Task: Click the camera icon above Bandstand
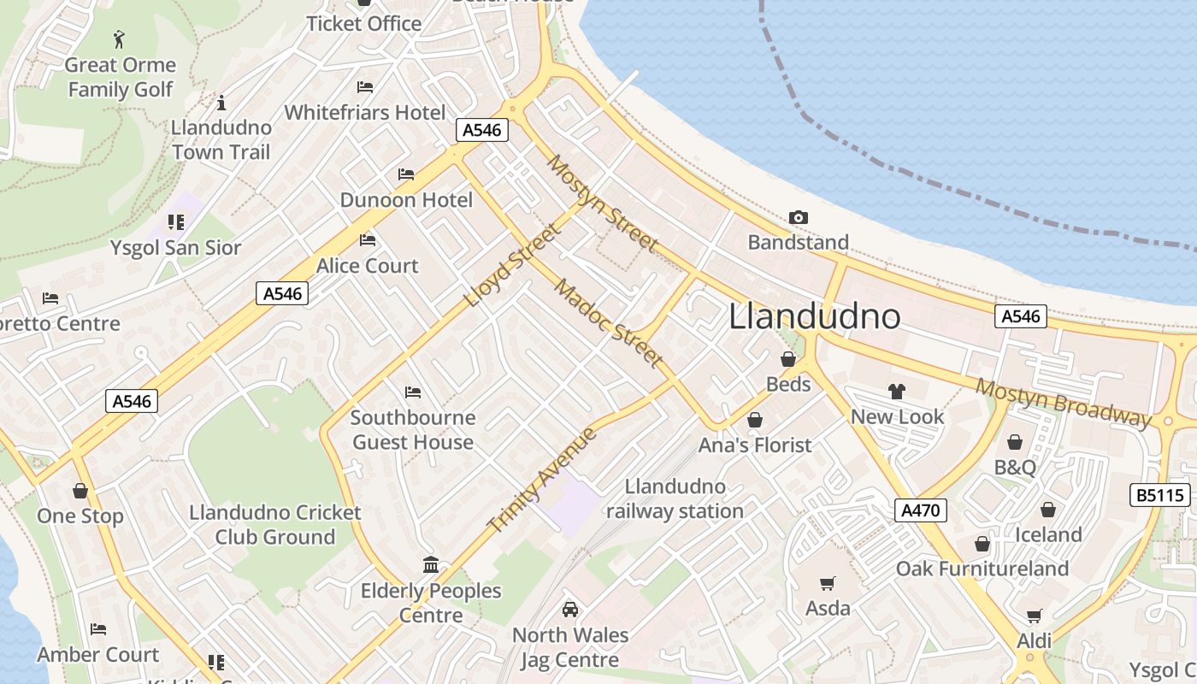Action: [x=798, y=218]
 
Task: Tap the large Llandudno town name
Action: [x=815, y=316]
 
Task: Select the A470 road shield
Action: [x=921, y=510]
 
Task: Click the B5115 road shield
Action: [x=1159, y=495]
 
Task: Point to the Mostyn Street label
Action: [x=604, y=203]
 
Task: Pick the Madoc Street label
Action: [x=608, y=323]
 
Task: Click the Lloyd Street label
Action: [x=513, y=265]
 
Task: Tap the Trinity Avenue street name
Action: [x=541, y=480]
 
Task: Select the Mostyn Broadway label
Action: [x=1064, y=402]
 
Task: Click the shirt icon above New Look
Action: [x=896, y=392]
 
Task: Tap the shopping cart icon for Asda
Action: [x=827, y=583]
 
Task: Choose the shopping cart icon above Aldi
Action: [x=1034, y=616]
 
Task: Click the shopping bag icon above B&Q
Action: [x=1015, y=442]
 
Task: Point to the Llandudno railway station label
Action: [x=675, y=499]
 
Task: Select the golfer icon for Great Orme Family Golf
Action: [x=119, y=39]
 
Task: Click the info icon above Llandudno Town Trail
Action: [x=221, y=103]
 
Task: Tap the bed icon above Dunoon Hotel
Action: [x=406, y=174]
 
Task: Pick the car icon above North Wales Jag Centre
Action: [x=569, y=610]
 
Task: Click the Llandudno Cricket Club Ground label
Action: [x=274, y=525]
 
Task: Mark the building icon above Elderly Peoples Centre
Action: [x=431, y=565]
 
